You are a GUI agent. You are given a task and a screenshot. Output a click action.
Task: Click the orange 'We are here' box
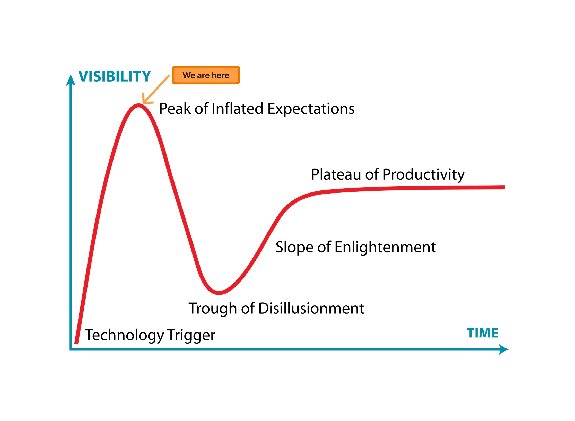click(x=206, y=75)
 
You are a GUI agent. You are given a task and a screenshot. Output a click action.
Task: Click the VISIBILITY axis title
click(x=115, y=76)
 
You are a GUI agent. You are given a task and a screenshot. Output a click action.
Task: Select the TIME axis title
click(x=482, y=333)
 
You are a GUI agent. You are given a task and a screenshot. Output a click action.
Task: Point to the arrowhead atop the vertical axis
click(x=71, y=80)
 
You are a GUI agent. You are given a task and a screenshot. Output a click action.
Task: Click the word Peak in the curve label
click(x=175, y=109)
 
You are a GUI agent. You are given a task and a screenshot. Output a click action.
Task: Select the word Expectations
click(x=311, y=109)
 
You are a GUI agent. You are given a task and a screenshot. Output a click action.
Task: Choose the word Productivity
click(x=423, y=175)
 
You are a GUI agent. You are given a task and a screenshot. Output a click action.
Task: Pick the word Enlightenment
click(x=385, y=247)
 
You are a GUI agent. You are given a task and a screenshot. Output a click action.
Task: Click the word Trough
click(x=213, y=309)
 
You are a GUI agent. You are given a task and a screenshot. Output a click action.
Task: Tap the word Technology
click(x=124, y=335)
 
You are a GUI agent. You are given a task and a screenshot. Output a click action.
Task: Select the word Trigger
click(x=191, y=335)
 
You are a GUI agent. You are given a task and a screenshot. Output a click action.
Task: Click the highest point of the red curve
click(x=138, y=105)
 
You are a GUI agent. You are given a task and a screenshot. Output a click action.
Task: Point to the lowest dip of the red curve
click(x=219, y=293)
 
